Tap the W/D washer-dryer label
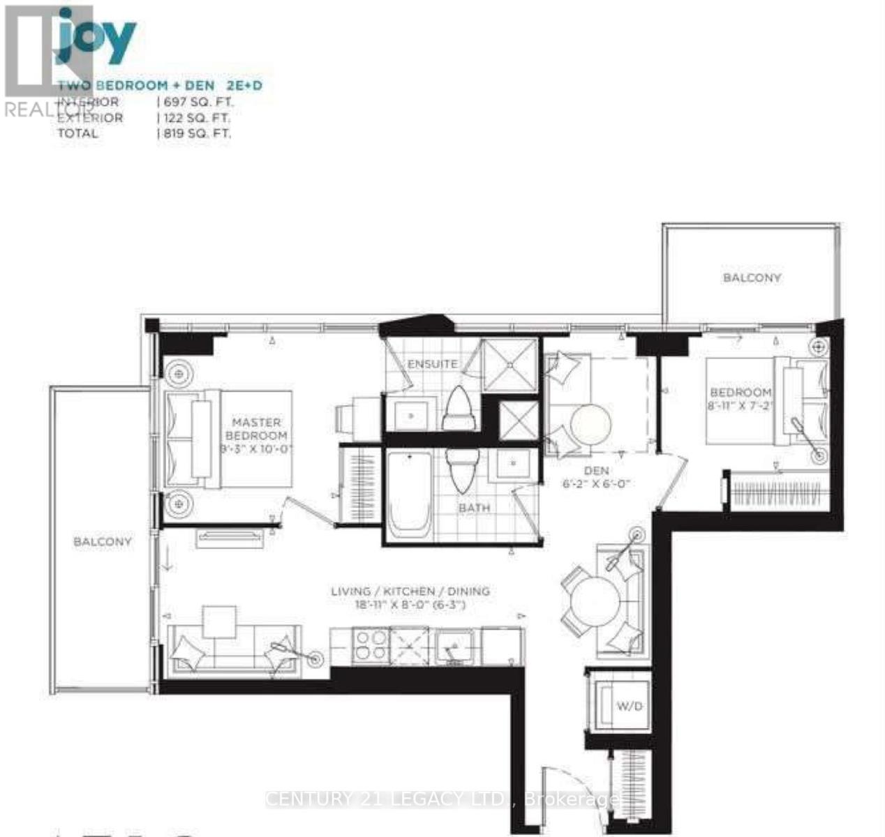click(x=628, y=706)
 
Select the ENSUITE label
click(x=433, y=363)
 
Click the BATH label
click(x=474, y=508)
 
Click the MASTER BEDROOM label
click(x=256, y=428)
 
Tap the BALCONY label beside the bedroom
click(x=752, y=278)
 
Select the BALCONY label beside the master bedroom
click(x=103, y=541)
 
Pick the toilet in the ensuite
click(x=459, y=408)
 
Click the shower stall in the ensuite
click(x=511, y=365)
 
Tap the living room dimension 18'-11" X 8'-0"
click(x=410, y=605)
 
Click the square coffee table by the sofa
click(x=220, y=621)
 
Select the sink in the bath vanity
click(x=514, y=462)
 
